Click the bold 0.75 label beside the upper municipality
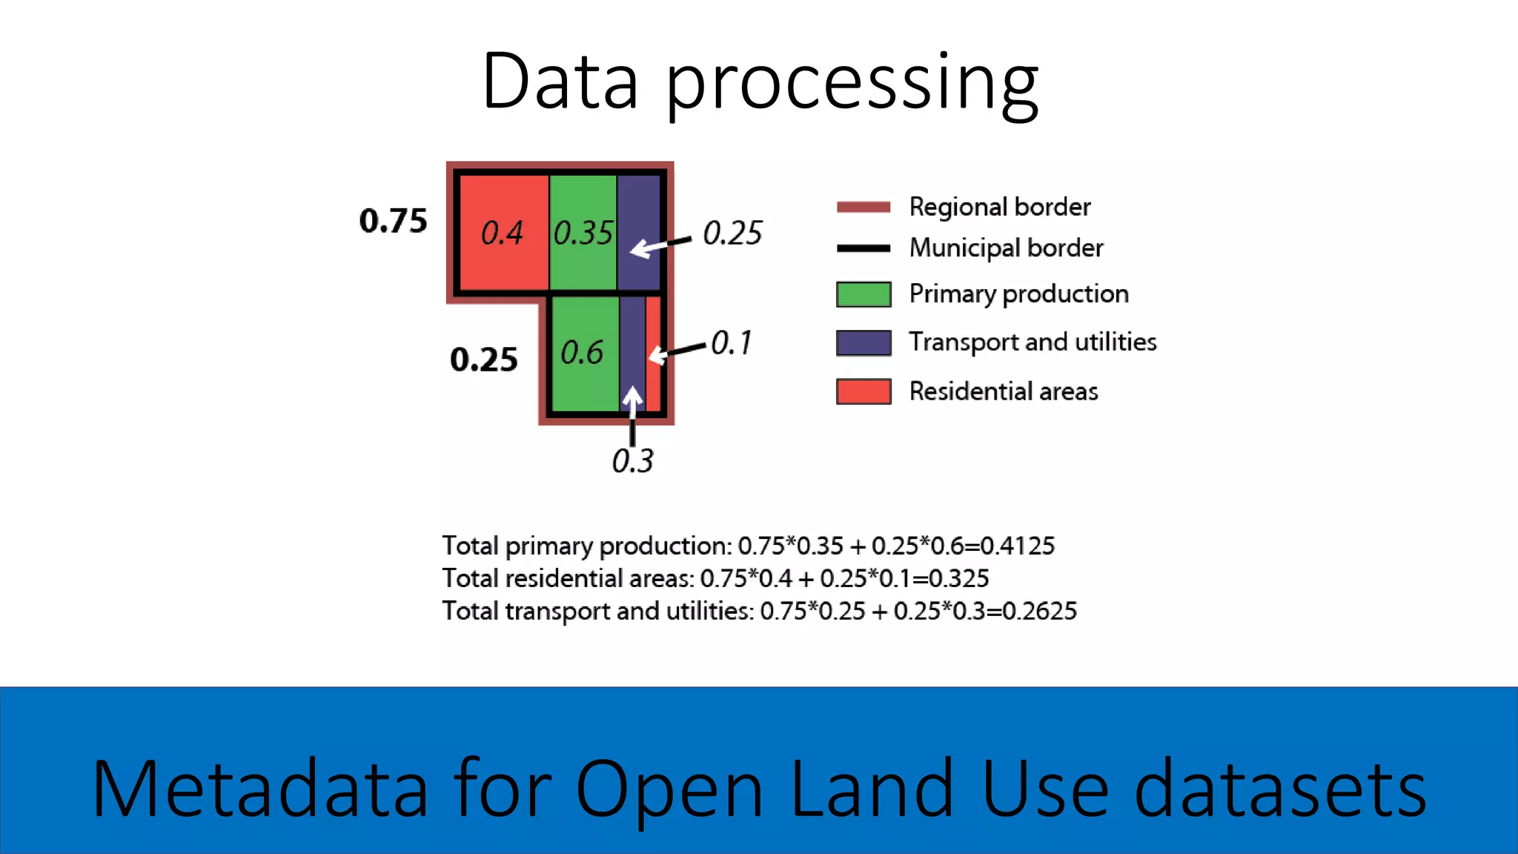click(x=393, y=221)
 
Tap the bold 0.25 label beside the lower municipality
click(x=483, y=360)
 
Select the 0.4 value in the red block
click(x=502, y=234)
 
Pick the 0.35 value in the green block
click(x=583, y=234)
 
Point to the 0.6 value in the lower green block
click(x=582, y=353)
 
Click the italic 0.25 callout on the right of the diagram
click(x=732, y=234)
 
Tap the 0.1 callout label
click(x=731, y=343)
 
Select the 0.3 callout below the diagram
click(x=632, y=461)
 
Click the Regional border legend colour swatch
click(x=863, y=207)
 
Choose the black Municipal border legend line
click(x=863, y=248)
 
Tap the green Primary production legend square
click(x=863, y=294)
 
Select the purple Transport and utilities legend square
click(x=863, y=342)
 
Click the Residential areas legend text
click(x=1003, y=391)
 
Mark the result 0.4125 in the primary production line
click(x=1017, y=546)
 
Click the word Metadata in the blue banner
click(x=259, y=788)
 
